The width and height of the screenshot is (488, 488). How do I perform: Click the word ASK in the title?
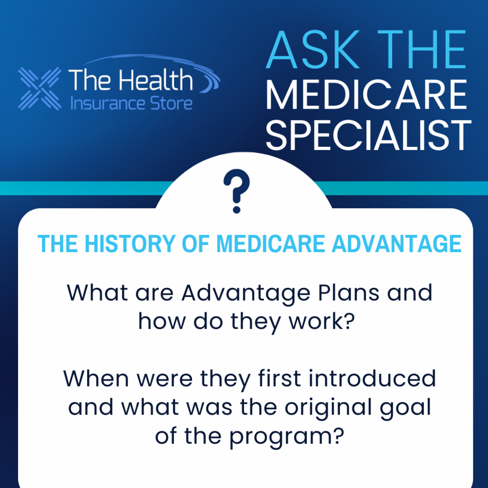click(313, 50)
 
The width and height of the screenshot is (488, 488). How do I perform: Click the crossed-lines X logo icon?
click(40, 89)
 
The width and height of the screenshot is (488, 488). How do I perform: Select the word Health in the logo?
click(156, 80)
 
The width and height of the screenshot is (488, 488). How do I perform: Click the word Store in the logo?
click(171, 103)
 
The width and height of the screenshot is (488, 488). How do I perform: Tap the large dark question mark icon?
click(236, 191)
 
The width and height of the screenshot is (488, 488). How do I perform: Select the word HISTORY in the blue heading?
click(130, 244)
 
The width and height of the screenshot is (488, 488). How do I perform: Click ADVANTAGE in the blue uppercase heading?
click(396, 244)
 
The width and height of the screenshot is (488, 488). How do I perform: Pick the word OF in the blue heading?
click(195, 244)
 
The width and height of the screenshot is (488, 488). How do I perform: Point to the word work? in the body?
click(322, 322)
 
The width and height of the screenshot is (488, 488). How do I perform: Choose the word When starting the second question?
click(96, 379)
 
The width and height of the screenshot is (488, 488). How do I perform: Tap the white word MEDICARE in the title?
click(366, 95)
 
